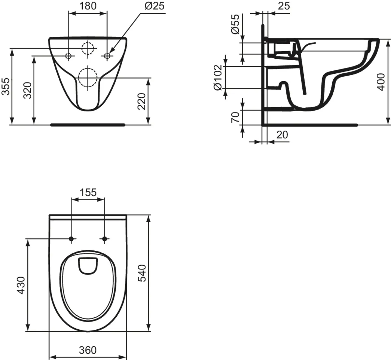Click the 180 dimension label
point(88,6)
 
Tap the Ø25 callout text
point(154,6)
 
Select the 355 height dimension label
point(6,86)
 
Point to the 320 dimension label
point(27,91)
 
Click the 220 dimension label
point(142,101)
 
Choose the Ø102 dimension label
point(218,78)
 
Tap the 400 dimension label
point(381,82)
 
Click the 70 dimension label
point(235,117)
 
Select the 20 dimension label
point(282,135)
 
